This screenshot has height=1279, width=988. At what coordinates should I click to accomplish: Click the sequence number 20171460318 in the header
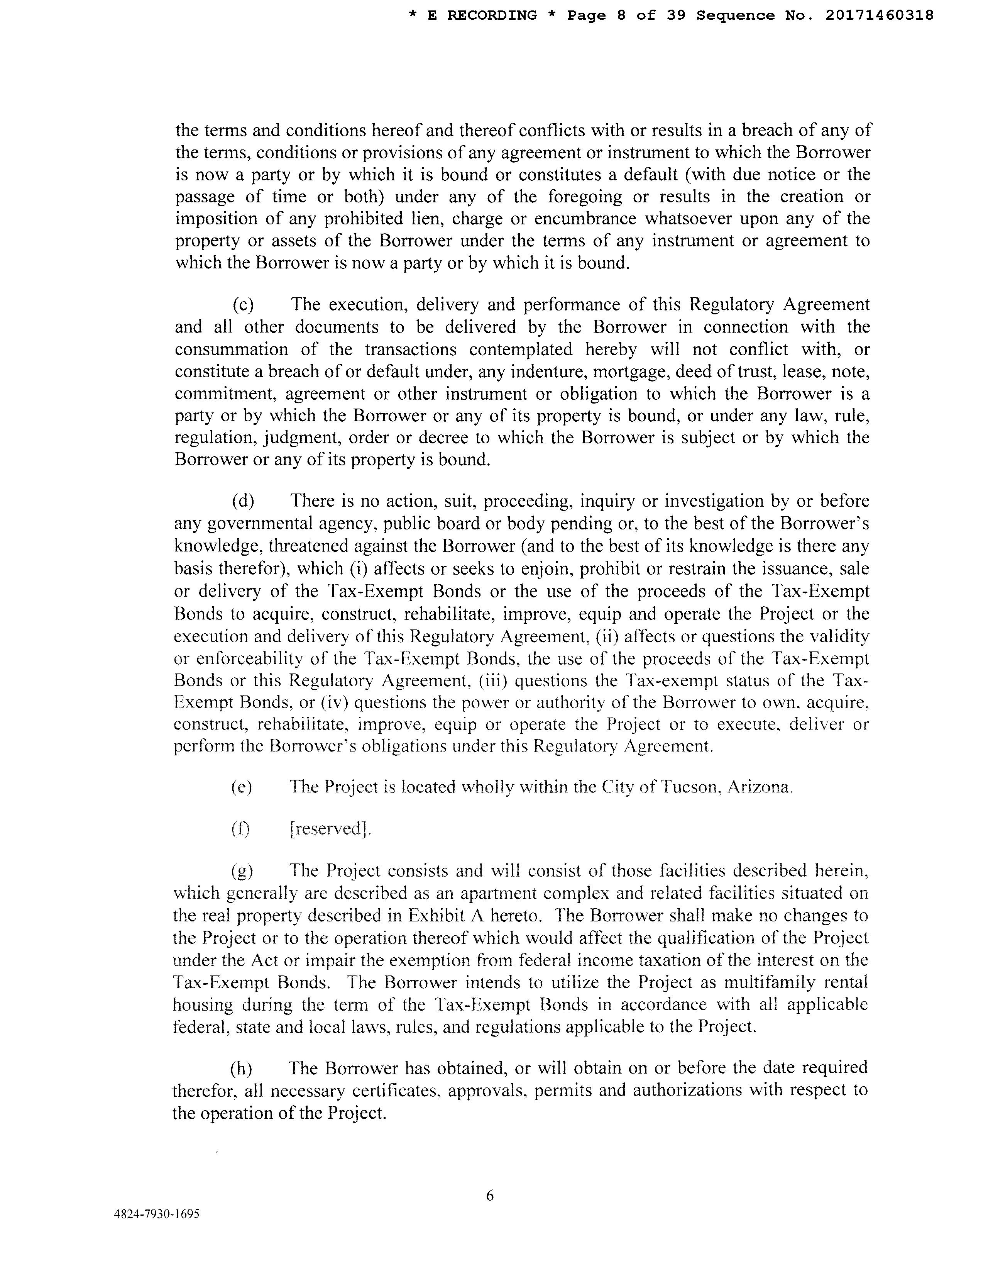coord(879,15)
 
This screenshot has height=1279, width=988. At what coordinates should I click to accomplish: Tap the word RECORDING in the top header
coord(492,15)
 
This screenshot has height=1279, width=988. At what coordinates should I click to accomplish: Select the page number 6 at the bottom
coord(490,1195)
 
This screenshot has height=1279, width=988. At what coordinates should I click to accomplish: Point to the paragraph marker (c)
coord(243,305)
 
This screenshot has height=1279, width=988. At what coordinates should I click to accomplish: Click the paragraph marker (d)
coord(243,501)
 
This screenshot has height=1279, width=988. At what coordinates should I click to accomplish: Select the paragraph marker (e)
coord(241,787)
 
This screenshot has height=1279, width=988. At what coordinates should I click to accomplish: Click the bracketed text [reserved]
coord(330,829)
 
